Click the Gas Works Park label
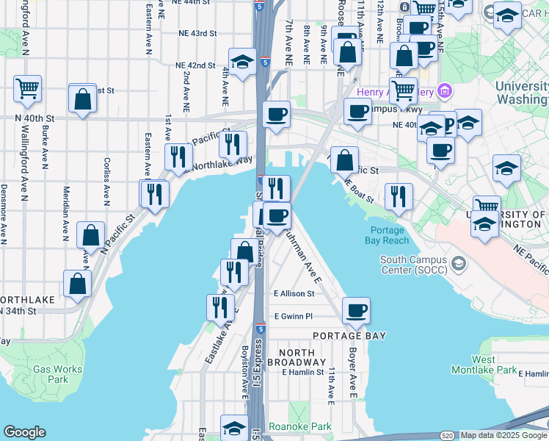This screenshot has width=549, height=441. click(48, 374)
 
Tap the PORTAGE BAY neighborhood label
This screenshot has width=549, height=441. click(349, 336)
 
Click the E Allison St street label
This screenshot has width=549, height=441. click(294, 293)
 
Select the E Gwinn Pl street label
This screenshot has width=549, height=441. click(294, 316)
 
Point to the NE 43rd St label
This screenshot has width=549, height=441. click(197, 33)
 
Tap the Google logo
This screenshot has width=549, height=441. click(25, 432)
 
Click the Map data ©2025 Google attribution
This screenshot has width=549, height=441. click(503, 435)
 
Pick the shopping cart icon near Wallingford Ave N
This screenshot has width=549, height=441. click(27, 88)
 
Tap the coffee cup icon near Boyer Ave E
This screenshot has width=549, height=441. click(356, 309)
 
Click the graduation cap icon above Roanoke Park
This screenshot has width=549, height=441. click(234, 427)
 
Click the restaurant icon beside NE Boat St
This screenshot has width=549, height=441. click(398, 196)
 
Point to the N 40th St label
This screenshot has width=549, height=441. click(36, 118)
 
